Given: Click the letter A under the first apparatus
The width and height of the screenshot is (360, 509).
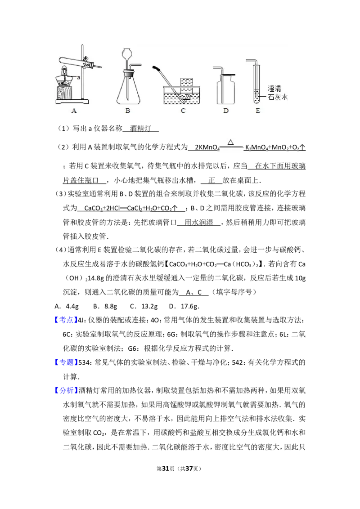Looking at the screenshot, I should click(x=74, y=111).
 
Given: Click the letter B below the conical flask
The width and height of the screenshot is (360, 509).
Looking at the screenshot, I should click(x=127, y=111).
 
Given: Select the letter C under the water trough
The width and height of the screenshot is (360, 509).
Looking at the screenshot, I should click(x=183, y=111).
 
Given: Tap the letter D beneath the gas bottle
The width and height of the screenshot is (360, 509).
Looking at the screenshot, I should click(x=225, y=111).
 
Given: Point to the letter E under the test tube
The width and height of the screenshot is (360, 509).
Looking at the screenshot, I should click(x=257, y=111).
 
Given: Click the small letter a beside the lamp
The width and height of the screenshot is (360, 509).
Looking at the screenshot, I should click(x=79, y=78).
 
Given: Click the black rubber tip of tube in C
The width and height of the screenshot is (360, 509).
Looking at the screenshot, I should click(x=157, y=68).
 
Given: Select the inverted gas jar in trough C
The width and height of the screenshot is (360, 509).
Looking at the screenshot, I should click(x=186, y=88).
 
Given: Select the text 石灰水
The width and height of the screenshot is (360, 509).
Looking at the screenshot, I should click(x=278, y=97).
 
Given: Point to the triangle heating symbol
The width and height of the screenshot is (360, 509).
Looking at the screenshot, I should click(x=230, y=142).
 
